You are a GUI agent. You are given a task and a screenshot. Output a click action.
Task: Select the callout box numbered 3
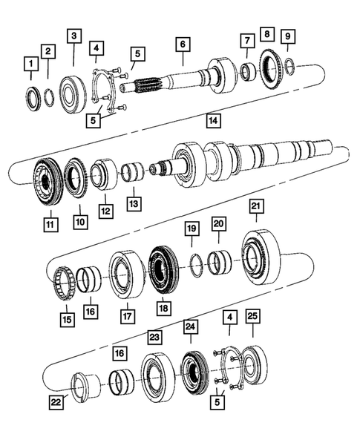73,36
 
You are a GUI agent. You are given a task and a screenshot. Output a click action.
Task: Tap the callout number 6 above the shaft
181,45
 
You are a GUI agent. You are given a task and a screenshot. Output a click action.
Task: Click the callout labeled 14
213,119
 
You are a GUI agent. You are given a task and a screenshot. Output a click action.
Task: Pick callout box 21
256,206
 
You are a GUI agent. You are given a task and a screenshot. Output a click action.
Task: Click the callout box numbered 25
252,318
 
